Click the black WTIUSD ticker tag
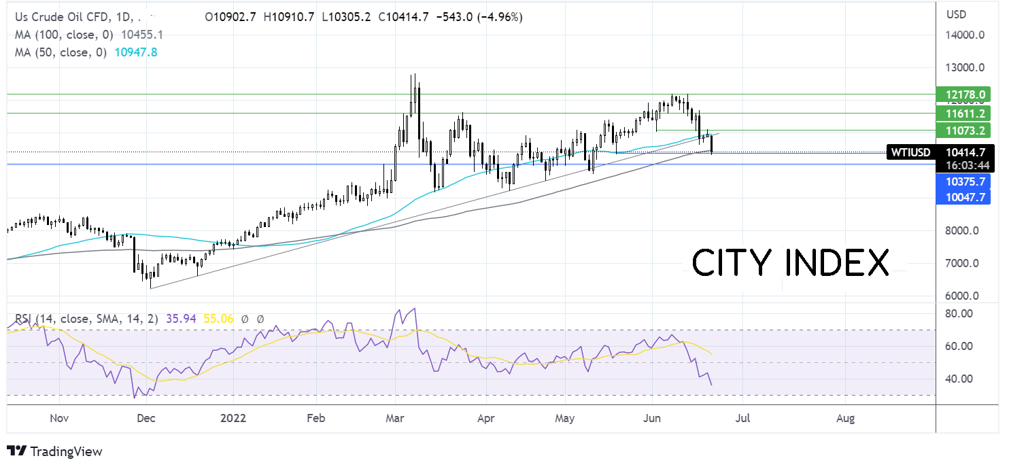click(x=911, y=152)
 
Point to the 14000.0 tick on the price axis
click(x=965, y=35)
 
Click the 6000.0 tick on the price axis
click(x=962, y=296)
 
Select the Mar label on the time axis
click(x=394, y=418)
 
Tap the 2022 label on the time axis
click(x=233, y=418)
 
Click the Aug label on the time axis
click(x=845, y=418)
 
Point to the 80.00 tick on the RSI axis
click(x=959, y=313)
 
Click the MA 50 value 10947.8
click(x=136, y=52)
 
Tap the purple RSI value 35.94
click(x=181, y=319)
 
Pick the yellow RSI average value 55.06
click(x=218, y=319)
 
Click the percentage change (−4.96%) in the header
click(x=501, y=17)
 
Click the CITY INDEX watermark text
click(x=790, y=263)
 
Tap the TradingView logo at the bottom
click(x=54, y=451)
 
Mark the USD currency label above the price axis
click(x=956, y=14)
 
